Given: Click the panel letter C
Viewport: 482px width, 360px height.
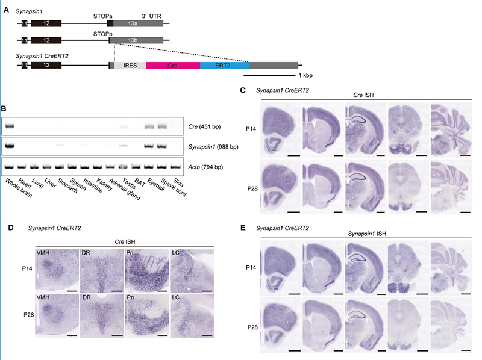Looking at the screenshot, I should click(242, 90).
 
